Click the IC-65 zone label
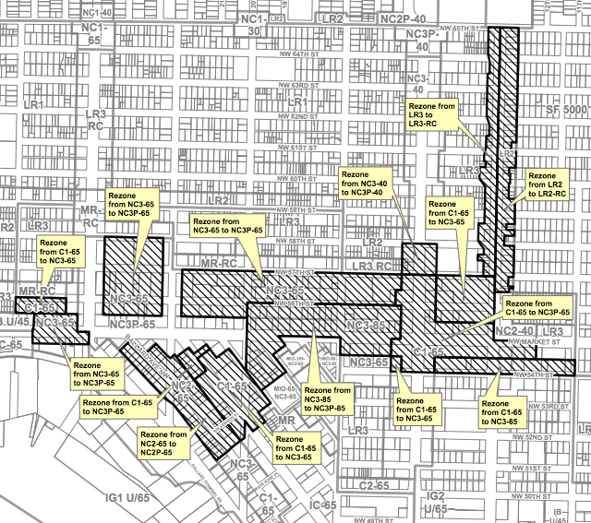pyautogui.click(x=323, y=505)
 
